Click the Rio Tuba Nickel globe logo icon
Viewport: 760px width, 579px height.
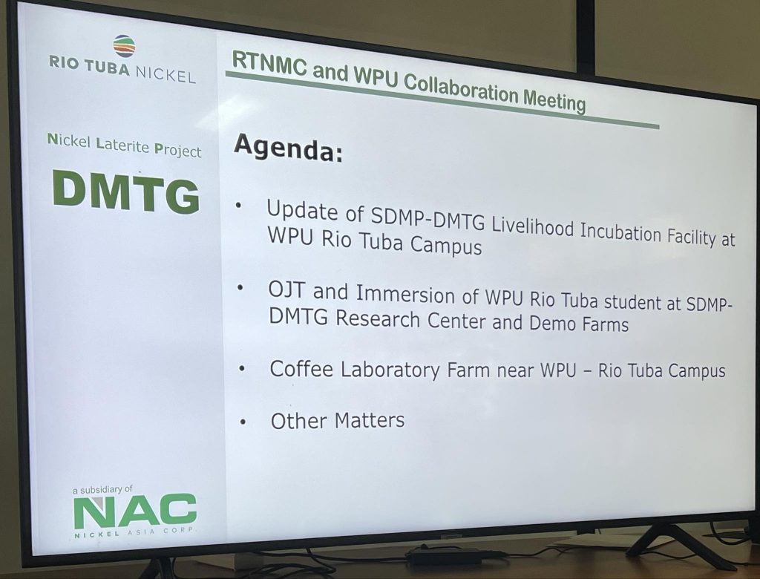[x=124, y=47]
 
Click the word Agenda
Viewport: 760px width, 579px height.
[x=289, y=148]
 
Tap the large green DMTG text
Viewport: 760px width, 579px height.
[x=126, y=192]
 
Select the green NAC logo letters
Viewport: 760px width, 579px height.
[x=135, y=511]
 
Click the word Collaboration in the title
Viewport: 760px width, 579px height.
[x=460, y=88]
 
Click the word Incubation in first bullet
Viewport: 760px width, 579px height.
[x=621, y=234]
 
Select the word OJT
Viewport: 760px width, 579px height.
[x=287, y=290]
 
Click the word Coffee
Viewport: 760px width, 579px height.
[x=301, y=369]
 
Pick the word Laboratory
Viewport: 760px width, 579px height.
[x=390, y=370]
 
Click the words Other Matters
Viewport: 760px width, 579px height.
[x=338, y=420]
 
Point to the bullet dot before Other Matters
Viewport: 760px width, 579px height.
[x=243, y=422]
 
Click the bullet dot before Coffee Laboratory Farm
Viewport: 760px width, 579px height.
[x=242, y=369]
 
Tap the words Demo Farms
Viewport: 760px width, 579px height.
[x=579, y=324]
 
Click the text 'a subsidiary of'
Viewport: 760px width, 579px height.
[x=102, y=490]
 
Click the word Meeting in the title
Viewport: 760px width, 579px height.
[x=554, y=99]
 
